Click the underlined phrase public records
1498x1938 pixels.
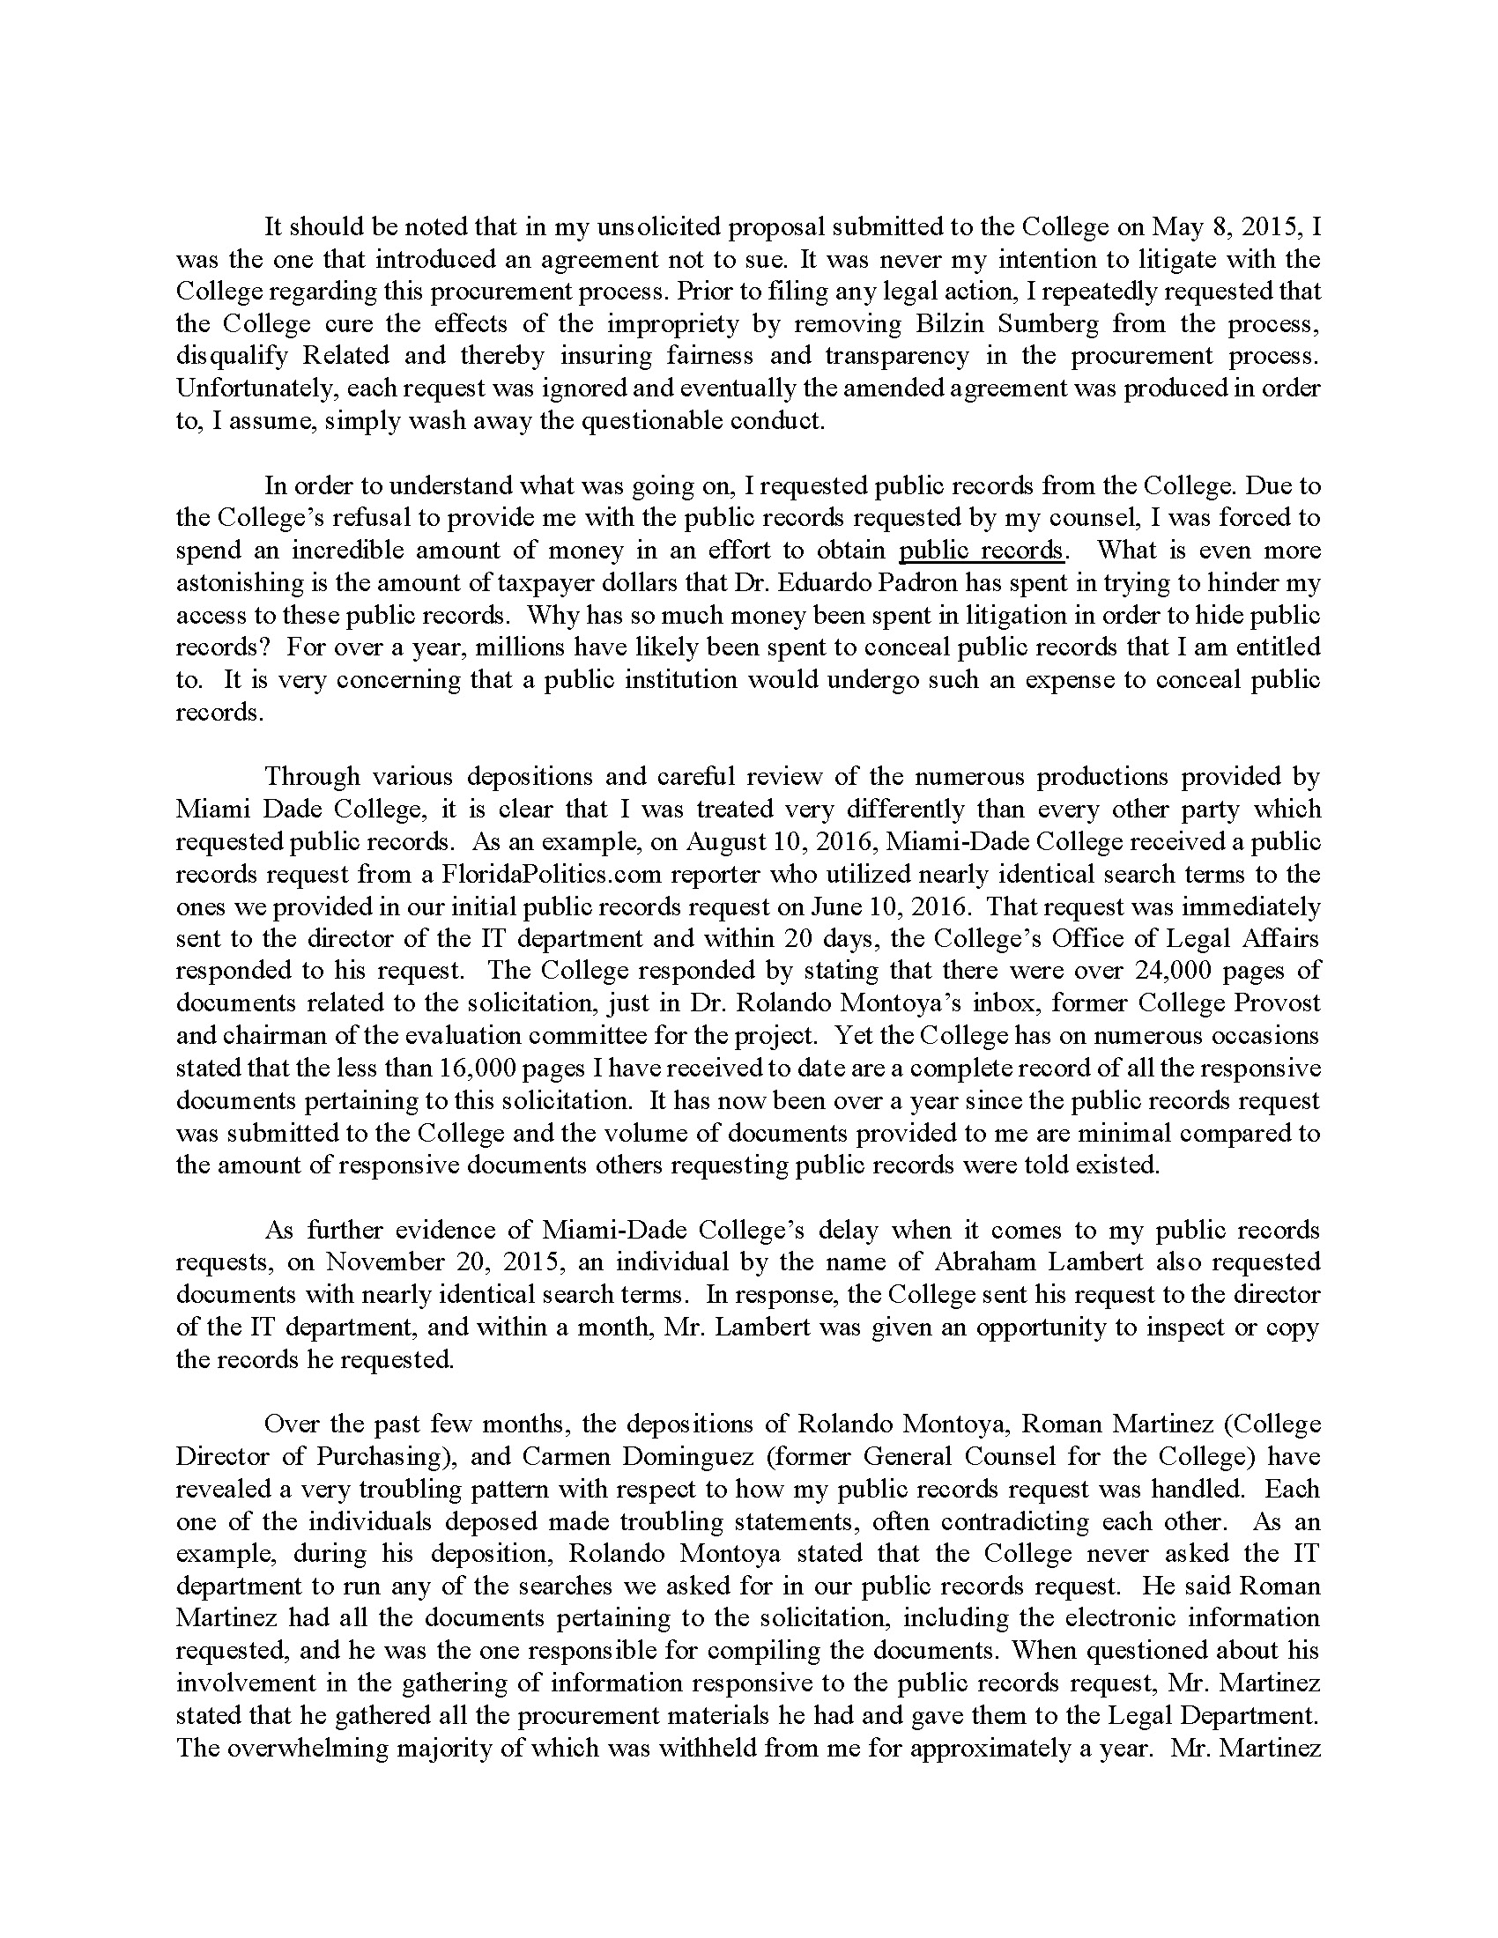coord(981,551)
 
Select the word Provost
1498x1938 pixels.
coord(1275,1003)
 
